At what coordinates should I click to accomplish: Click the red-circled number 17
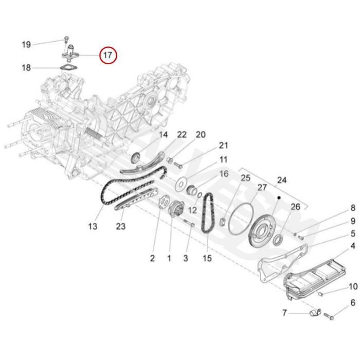[x=109, y=55]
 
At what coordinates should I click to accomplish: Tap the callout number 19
[x=26, y=45]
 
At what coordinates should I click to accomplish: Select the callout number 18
[x=26, y=67]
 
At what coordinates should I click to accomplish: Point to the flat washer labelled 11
[x=181, y=183]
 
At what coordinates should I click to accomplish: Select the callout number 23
[x=120, y=226]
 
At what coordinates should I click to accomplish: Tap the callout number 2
[x=152, y=258]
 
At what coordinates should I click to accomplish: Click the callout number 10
[x=353, y=286]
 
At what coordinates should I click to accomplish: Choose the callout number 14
[x=163, y=135]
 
